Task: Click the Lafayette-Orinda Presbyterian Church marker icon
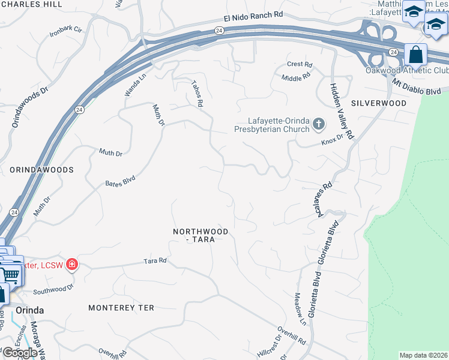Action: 318,125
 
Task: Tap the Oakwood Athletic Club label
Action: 407,71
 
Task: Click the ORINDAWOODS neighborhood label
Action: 41,170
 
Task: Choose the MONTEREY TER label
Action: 121,308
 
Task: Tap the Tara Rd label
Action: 155,261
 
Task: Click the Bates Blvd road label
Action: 121,181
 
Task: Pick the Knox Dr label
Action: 332,139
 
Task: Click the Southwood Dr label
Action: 53,290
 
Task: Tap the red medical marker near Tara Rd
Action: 71,264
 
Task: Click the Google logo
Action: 19,353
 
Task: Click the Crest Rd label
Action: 300,64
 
